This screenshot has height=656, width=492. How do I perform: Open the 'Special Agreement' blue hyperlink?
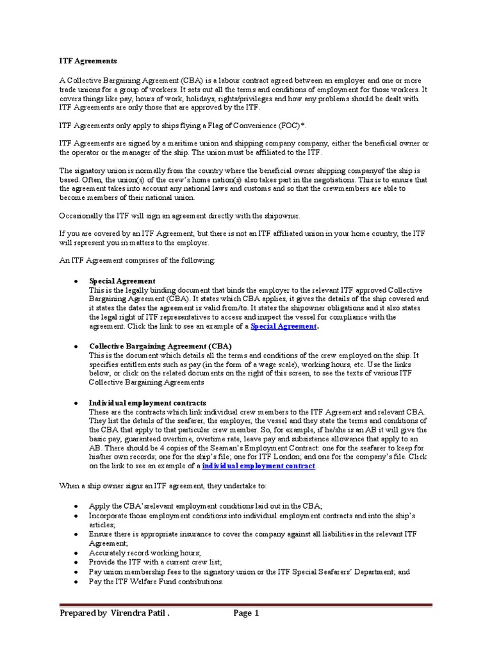click(x=283, y=326)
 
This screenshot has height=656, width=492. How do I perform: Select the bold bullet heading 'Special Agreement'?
click(x=122, y=281)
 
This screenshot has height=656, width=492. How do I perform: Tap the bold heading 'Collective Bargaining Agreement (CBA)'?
click(x=151, y=346)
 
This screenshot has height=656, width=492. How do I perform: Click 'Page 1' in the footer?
click(x=246, y=613)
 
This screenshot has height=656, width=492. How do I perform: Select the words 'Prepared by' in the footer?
click(x=83, y=613)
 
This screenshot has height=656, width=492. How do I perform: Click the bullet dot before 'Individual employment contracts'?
click(x=77, y=402)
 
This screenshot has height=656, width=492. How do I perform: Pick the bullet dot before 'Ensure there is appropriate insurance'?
click(x=77, y=534)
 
